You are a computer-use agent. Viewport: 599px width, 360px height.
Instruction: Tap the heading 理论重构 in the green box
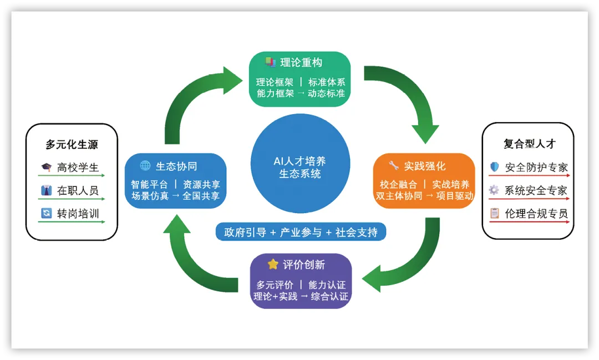pos(301,63)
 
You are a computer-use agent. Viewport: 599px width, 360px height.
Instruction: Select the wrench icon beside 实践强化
pos(394,165)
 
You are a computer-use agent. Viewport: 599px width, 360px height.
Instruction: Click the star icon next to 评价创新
pos(273,264)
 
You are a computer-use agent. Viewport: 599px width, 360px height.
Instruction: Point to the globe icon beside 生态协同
pos(145,165)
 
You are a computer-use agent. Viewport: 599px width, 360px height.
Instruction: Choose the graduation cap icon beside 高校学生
pos(47,167)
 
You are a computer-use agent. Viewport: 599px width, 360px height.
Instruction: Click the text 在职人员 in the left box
pos(78,191)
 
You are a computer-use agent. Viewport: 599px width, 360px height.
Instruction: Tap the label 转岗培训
pos(78,214)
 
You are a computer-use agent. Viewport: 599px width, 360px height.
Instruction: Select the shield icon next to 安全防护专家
pos(494,167)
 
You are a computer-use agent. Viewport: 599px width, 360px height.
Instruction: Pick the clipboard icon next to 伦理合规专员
pos(494,213)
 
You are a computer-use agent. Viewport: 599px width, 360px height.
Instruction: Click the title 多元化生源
pos(72,145)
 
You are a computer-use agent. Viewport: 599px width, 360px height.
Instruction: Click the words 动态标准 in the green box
pos(327,94)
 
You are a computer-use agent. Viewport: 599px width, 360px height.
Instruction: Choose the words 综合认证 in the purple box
pos(329,296)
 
